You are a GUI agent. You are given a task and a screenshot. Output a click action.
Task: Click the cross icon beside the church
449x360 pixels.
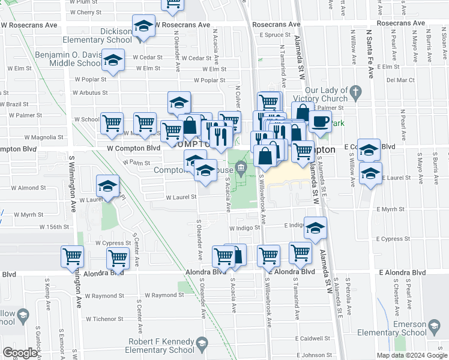(x=356, y=92)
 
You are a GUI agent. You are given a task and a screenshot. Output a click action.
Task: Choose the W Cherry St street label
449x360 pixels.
(x=80, y=12)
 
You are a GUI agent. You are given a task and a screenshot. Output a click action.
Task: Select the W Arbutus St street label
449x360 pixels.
(x=90, y=93)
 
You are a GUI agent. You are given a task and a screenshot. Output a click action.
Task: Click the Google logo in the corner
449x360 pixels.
(x=20, y=352)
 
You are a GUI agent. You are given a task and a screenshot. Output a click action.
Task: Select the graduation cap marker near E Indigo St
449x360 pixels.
(x=315, y=228)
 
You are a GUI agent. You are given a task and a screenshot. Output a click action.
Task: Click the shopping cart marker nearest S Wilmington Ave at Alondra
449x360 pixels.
(x=72, y=256)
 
